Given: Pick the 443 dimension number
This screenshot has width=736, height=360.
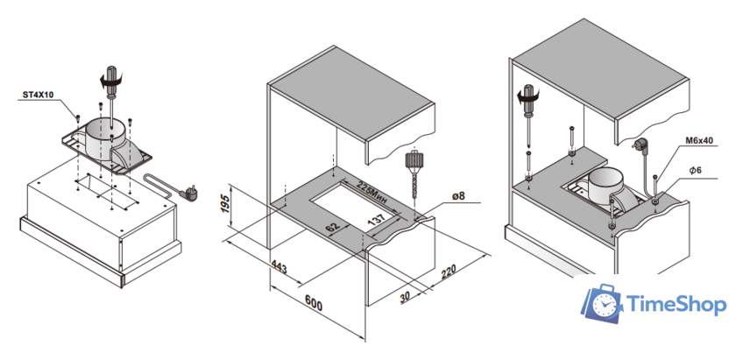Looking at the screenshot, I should click(x=278, y=265).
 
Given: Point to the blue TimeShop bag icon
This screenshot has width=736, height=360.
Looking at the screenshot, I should click(x=601, y=303).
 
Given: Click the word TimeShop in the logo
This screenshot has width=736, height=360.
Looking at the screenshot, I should click(x=676, y=305).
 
